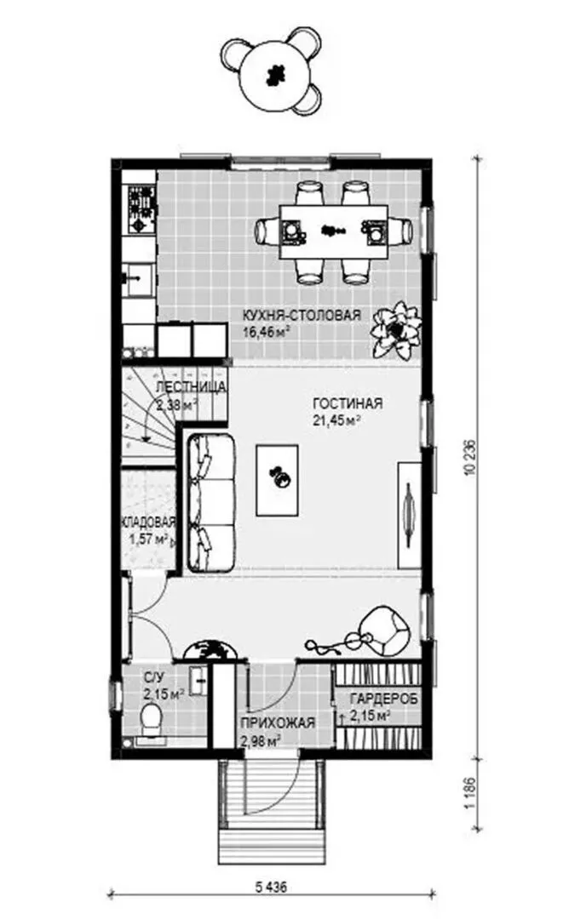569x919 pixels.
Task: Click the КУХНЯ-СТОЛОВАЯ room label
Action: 302,316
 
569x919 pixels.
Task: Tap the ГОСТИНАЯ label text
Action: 348,404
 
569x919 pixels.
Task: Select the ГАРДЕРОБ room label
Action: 384,699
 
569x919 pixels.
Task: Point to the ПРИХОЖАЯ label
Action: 278,723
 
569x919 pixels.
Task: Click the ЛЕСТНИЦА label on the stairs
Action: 191,387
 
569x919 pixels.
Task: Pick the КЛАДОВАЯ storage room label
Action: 149,522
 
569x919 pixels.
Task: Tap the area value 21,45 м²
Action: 336,420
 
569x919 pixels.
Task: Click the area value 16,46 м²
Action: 267,333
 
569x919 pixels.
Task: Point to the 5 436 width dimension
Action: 271,888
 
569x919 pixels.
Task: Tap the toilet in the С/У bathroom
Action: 152,718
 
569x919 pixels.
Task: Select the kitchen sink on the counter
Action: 139,280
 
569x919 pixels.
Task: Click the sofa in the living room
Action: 211,502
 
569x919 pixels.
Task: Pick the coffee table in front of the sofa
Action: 277,479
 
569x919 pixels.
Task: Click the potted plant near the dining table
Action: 396,330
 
